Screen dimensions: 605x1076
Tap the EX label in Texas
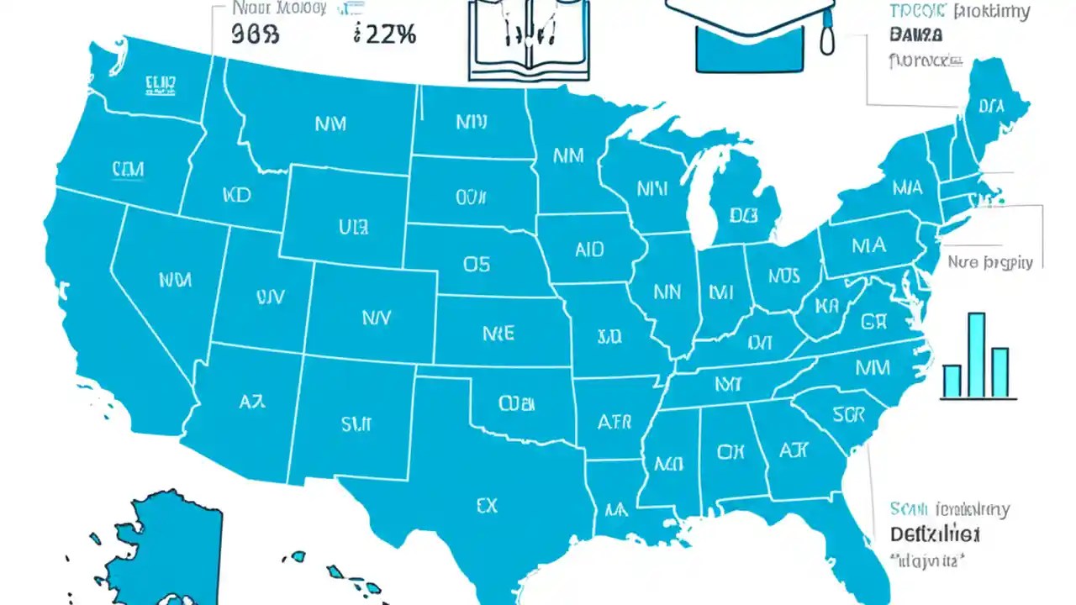pyautogui.click(x=486, y=505)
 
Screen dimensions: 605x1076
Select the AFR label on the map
pyautogui.click(x=614, y=421)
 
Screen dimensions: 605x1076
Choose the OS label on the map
pyautogui.click(x=476, y=264)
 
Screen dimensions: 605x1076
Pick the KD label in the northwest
pyautogui.click(x=237, y=196)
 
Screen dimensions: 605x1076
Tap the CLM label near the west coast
pyautogui.click(x=127, y=170)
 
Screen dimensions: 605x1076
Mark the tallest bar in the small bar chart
pyautogui.click(x=976, y=355)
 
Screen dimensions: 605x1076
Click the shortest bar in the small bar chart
pyautogui.click(x=952, y=381)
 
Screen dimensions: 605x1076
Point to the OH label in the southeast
pyautogui.click(x=731, y=452)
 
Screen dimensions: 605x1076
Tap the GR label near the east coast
pyautogui.click(x=874, y=321)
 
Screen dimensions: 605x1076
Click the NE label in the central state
pyautogui.click(x=498, y=334)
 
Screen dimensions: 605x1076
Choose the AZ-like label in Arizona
pyautogui.click(x=251, y=402)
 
